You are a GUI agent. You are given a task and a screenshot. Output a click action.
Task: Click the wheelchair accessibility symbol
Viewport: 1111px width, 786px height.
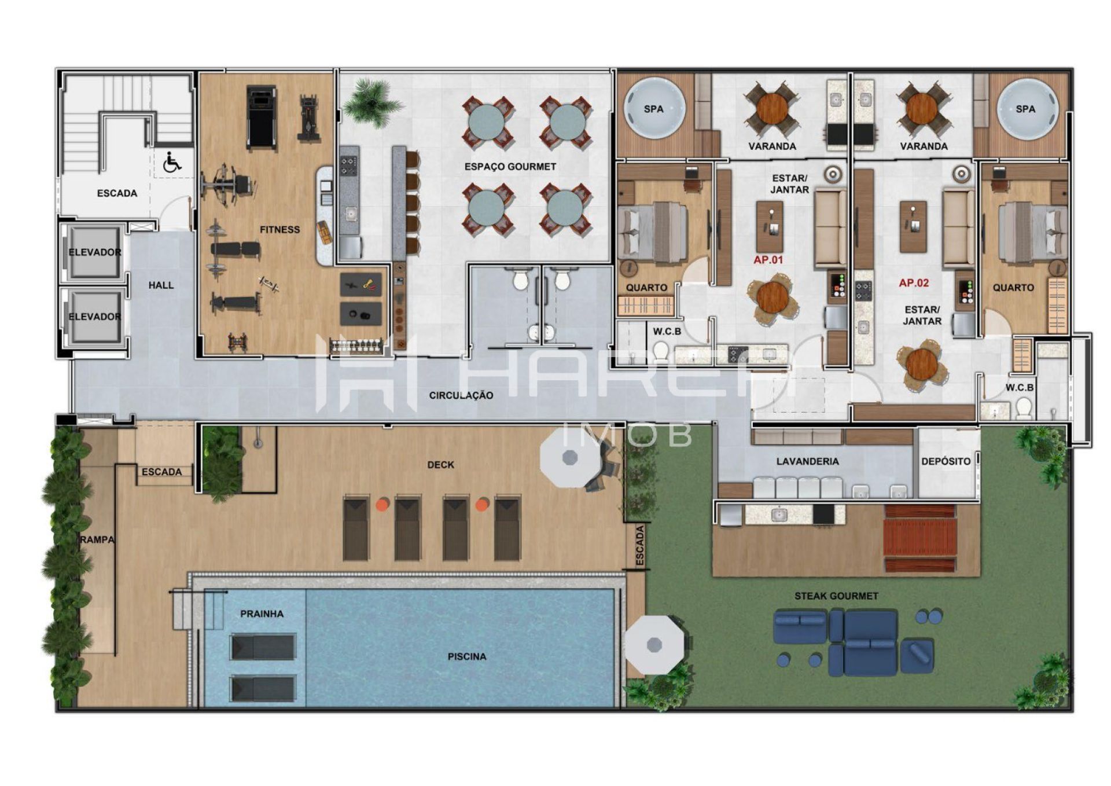click(x=171, y=163)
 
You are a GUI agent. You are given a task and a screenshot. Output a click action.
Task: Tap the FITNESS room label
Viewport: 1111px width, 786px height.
click(x=279, y=230)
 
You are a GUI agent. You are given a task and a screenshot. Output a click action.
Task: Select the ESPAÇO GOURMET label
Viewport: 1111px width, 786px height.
click(x=510, y=167)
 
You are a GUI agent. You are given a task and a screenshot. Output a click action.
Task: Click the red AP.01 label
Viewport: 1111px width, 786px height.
click(x=768, y=260)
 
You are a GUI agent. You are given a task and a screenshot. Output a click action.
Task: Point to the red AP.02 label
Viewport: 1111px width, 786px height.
click(x=914, y=283)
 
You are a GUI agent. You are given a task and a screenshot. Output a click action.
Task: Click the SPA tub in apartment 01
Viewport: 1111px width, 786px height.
click(x=654, y=109)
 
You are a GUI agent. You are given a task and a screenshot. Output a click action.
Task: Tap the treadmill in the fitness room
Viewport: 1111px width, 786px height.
click(x=262, y=117)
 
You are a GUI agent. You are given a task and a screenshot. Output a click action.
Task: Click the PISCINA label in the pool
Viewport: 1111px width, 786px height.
click(x=467, y=656)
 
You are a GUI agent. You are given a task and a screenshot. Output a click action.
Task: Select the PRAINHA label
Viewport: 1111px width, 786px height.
click(x=262, y=614)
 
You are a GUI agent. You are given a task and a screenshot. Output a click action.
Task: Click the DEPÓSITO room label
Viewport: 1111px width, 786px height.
click(x=946, y=461)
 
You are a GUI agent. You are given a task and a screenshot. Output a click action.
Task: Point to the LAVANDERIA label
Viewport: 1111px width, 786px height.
click(x=807, y=461)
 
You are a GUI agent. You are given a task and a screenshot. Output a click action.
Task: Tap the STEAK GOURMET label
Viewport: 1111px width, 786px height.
click(x=836, y=596)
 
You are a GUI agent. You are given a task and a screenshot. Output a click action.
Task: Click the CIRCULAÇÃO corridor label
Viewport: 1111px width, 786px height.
click(x=461, y=395)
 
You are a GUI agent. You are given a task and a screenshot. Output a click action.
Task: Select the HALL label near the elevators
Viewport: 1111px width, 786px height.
click(x=161, y=285)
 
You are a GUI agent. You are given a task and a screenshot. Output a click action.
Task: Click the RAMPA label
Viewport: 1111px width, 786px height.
click(x=97, y=539)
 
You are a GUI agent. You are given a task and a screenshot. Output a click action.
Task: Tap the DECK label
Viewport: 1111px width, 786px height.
click(x=440, y=465)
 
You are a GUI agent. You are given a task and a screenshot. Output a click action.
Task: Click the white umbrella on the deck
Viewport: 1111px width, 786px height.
click(x=570, y=460)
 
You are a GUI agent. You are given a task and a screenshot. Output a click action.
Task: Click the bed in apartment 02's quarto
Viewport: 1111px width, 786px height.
click(x=1033, y=231)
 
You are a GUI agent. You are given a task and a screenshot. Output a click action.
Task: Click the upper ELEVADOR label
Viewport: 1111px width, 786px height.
click(x=95, y=252)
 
